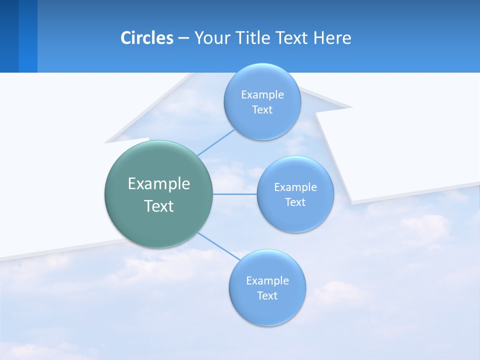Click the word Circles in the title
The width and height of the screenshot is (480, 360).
coord(146,38)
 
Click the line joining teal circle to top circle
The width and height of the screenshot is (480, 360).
coord(216,143)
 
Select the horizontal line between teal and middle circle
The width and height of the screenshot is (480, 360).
coord(234,194)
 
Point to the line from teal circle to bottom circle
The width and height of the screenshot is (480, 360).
coord(218,245)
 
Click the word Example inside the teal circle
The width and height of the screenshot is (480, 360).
coord(159,183)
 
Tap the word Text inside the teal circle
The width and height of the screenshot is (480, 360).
coord(159,206)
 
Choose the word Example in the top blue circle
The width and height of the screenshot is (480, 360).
coord(262,94)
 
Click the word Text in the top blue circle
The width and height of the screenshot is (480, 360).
coord(262,109)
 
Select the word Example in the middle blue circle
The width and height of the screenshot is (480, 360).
coord(295,187)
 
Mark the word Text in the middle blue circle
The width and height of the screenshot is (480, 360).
coord(295,202)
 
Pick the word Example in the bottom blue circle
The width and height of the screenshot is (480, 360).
coord(267,280)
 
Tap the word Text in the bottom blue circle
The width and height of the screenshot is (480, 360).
coord(267,295)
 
